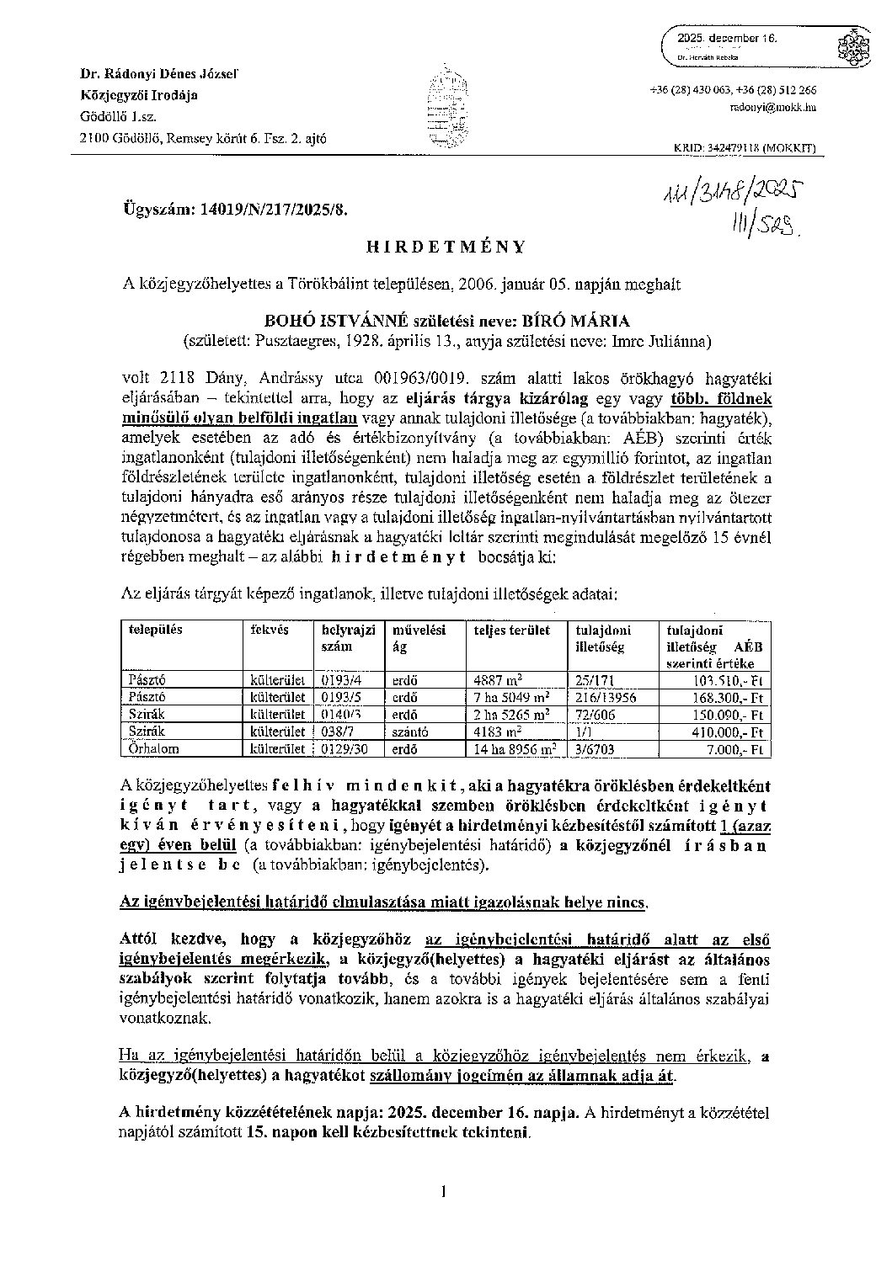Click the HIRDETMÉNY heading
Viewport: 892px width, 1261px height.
[446, 247]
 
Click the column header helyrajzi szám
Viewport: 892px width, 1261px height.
[345, 637]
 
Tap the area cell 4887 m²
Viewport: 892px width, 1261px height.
[498, 679]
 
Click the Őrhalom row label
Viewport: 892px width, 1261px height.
[154, 748]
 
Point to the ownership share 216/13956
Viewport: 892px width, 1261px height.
[606, 697]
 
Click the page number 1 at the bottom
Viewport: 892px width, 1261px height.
[442, 1190]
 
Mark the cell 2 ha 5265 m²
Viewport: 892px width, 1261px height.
[512, 714]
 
